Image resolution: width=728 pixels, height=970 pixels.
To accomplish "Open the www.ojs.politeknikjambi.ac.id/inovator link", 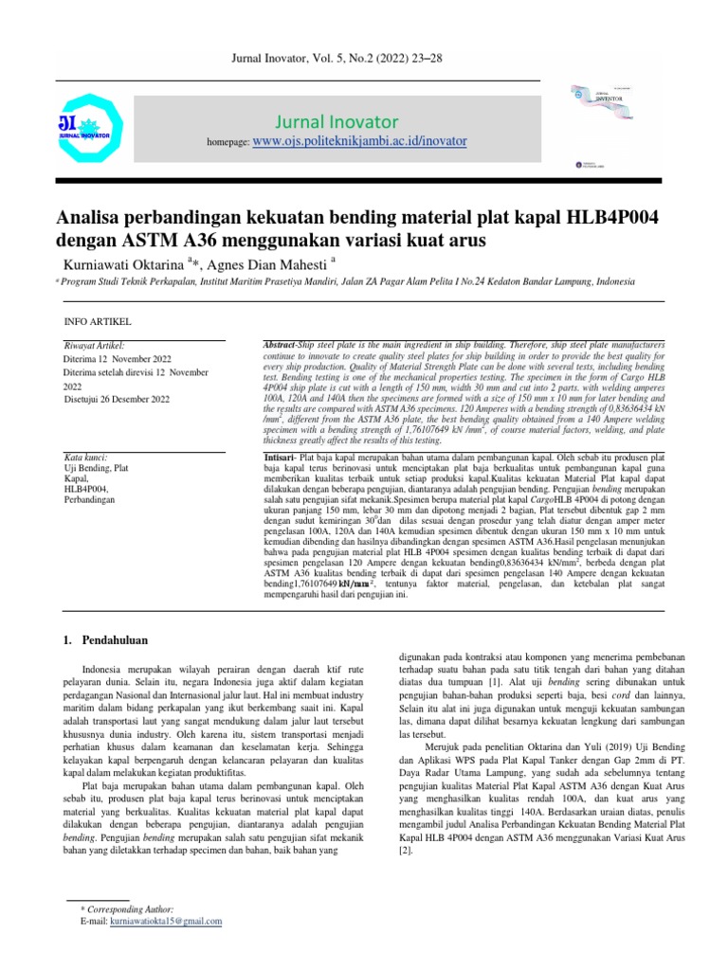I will click(x=359, y=141).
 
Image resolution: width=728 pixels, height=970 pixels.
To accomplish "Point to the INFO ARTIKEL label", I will click(x=97, y=322).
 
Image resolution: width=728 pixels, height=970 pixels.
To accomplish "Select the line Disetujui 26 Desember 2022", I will click(x=116, y=400).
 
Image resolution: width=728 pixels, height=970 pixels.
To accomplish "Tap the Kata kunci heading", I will click(x=86, y=457).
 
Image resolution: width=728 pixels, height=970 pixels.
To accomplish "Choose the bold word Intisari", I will click(x=281, y=457).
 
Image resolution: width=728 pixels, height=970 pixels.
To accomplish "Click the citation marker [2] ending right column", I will click(x=405, y=827).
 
